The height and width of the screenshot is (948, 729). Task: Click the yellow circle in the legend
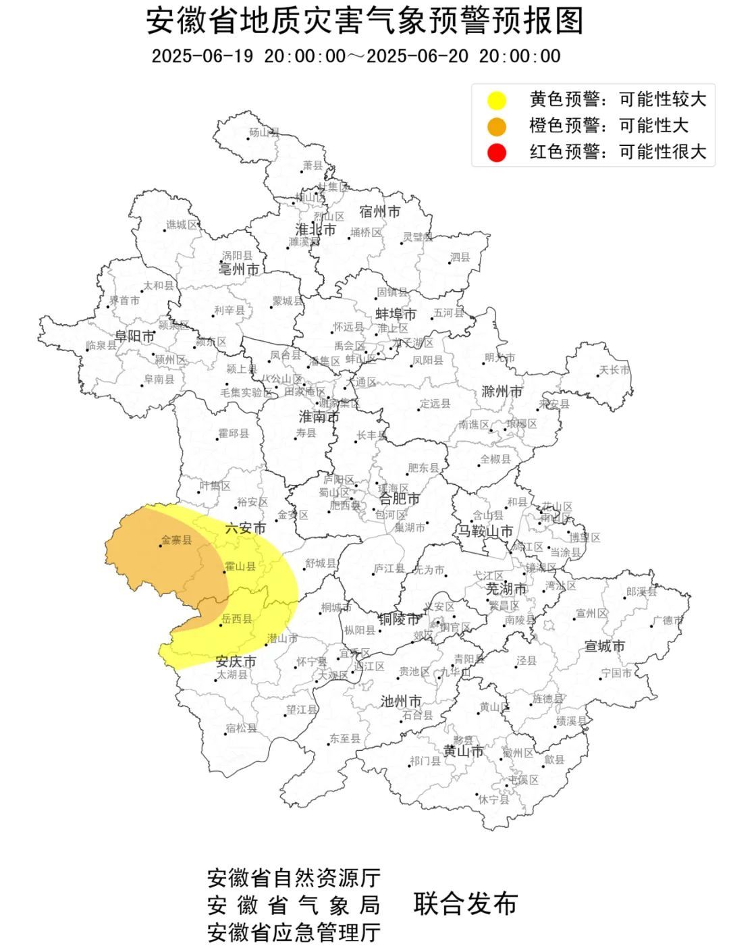(497, 101)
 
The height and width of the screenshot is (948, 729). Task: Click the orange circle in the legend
(497, 126)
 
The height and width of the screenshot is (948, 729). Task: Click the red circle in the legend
(497, 153)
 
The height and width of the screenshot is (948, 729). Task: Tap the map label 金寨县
(176, 540)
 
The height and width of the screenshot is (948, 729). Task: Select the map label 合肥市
(399, 499)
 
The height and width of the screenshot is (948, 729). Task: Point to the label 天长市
(614, 370)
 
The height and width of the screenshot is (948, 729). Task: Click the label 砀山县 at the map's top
(264, 132)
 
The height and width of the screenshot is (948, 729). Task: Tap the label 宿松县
(241, 728)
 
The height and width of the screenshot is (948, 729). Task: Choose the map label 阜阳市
(135, 336)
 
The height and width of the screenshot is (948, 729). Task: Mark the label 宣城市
(605, 646)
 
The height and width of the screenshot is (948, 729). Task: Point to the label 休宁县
(493, 799)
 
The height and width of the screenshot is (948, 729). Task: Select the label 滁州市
(502, 392)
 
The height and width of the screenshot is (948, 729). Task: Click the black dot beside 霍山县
(225, 572)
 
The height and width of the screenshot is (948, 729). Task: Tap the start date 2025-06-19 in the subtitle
(202, 56)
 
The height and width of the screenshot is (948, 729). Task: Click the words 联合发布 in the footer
(465, 903)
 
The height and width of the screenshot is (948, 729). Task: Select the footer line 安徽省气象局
(294, 905)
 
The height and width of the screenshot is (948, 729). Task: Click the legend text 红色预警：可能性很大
(617, 152)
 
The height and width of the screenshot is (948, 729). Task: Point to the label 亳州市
(239, 270)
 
